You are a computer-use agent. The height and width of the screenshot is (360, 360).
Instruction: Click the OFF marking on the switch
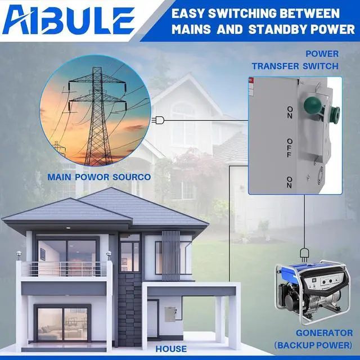pyautogui.click(x=290, y=145)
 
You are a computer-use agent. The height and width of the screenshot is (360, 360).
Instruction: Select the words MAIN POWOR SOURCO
pyautogui.click(x=99, y=177)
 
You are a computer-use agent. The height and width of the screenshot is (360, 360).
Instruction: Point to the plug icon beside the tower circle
pyautogui.click(x=160, y=120)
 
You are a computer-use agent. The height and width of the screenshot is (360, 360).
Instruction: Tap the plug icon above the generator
pyautogui.click(x=304, y=252)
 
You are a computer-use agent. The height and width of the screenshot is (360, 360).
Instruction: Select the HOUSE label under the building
pyautogui.click(x=172, y=349)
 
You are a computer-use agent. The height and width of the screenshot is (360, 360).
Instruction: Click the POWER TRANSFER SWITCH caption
pyautogui.click(x=295, y=60)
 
